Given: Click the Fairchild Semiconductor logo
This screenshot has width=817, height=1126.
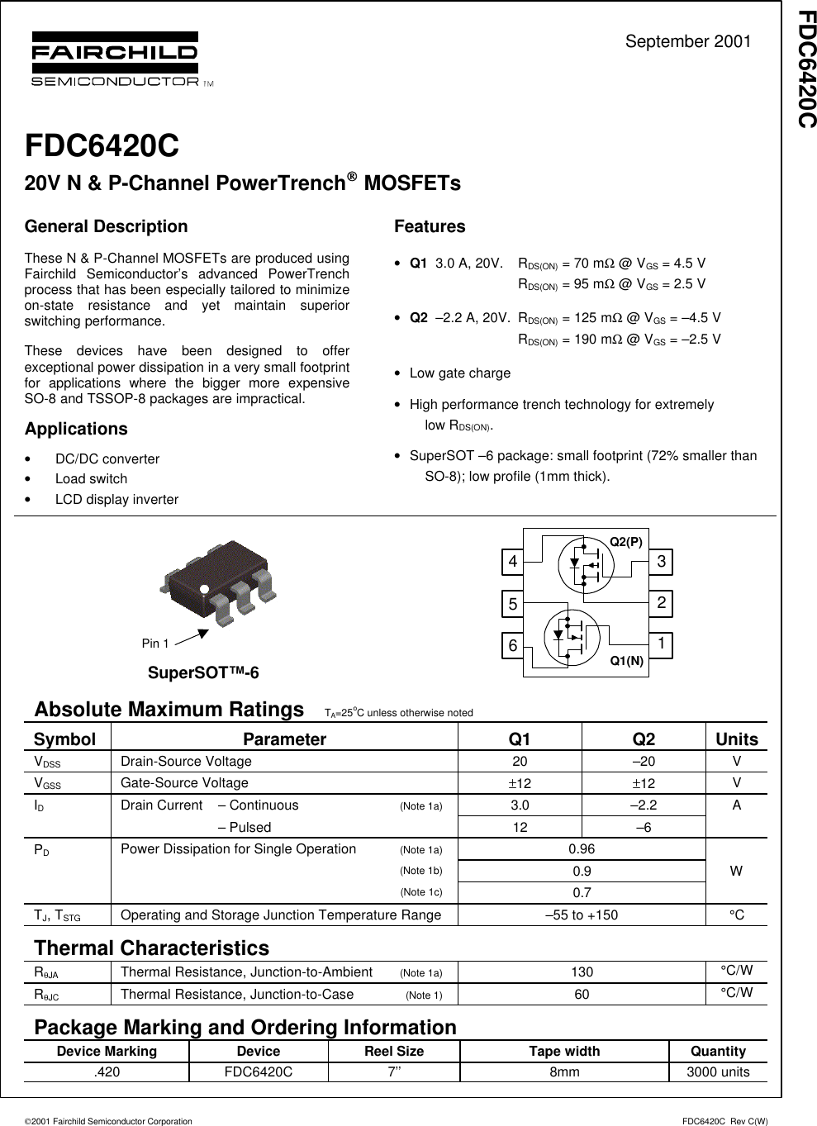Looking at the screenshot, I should coord(116,59).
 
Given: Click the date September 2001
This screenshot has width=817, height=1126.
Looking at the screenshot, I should coord(687,42).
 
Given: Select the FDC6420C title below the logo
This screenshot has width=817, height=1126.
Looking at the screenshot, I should coord(102,145).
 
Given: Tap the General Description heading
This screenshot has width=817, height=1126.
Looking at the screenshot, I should coord(106,226).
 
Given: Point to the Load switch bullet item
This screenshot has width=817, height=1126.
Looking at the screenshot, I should coord(91,479).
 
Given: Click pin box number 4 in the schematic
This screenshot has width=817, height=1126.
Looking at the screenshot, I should coord(513,562).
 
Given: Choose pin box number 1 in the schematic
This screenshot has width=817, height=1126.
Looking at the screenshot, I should coord(661,644).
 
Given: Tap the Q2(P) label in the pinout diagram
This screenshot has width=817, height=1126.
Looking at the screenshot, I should coord(626,542).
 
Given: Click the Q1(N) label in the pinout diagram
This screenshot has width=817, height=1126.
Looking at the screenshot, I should coord(626,660).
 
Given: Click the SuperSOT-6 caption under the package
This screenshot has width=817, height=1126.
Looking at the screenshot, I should coord(203,672).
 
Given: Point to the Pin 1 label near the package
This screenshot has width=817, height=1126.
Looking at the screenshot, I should coord(155,644).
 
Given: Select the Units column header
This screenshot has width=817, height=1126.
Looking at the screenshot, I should coord(736,739).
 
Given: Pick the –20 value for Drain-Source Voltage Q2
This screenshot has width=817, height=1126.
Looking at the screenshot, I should coord(644,762).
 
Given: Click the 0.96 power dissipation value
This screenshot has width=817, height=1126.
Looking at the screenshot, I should coord(582,849).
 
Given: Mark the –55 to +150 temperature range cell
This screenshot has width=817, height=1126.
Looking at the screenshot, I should coord(582,915).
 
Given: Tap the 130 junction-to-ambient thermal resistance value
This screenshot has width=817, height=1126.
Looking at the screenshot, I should coord(582,972).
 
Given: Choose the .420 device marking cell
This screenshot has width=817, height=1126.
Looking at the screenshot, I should coord(107,1072).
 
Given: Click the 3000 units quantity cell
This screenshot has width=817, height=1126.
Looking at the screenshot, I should coord(718,1072).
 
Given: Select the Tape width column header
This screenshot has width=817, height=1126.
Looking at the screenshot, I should coord(564,1051).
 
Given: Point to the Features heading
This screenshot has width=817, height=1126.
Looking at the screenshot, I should coord(430,226).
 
